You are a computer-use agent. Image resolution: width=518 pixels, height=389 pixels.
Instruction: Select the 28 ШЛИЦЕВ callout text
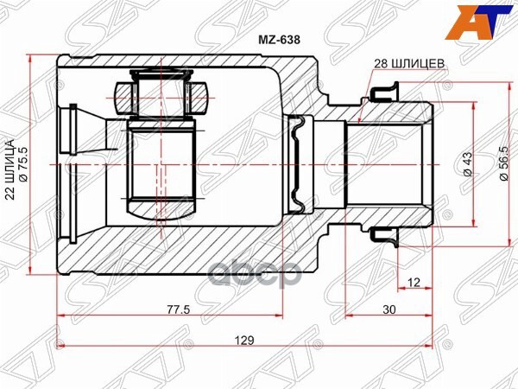tap(409, 64)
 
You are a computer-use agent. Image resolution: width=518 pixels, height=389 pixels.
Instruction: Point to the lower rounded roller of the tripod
tap(161, 207)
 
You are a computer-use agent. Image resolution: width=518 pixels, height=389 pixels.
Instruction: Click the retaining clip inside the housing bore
tap(299, 164)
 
